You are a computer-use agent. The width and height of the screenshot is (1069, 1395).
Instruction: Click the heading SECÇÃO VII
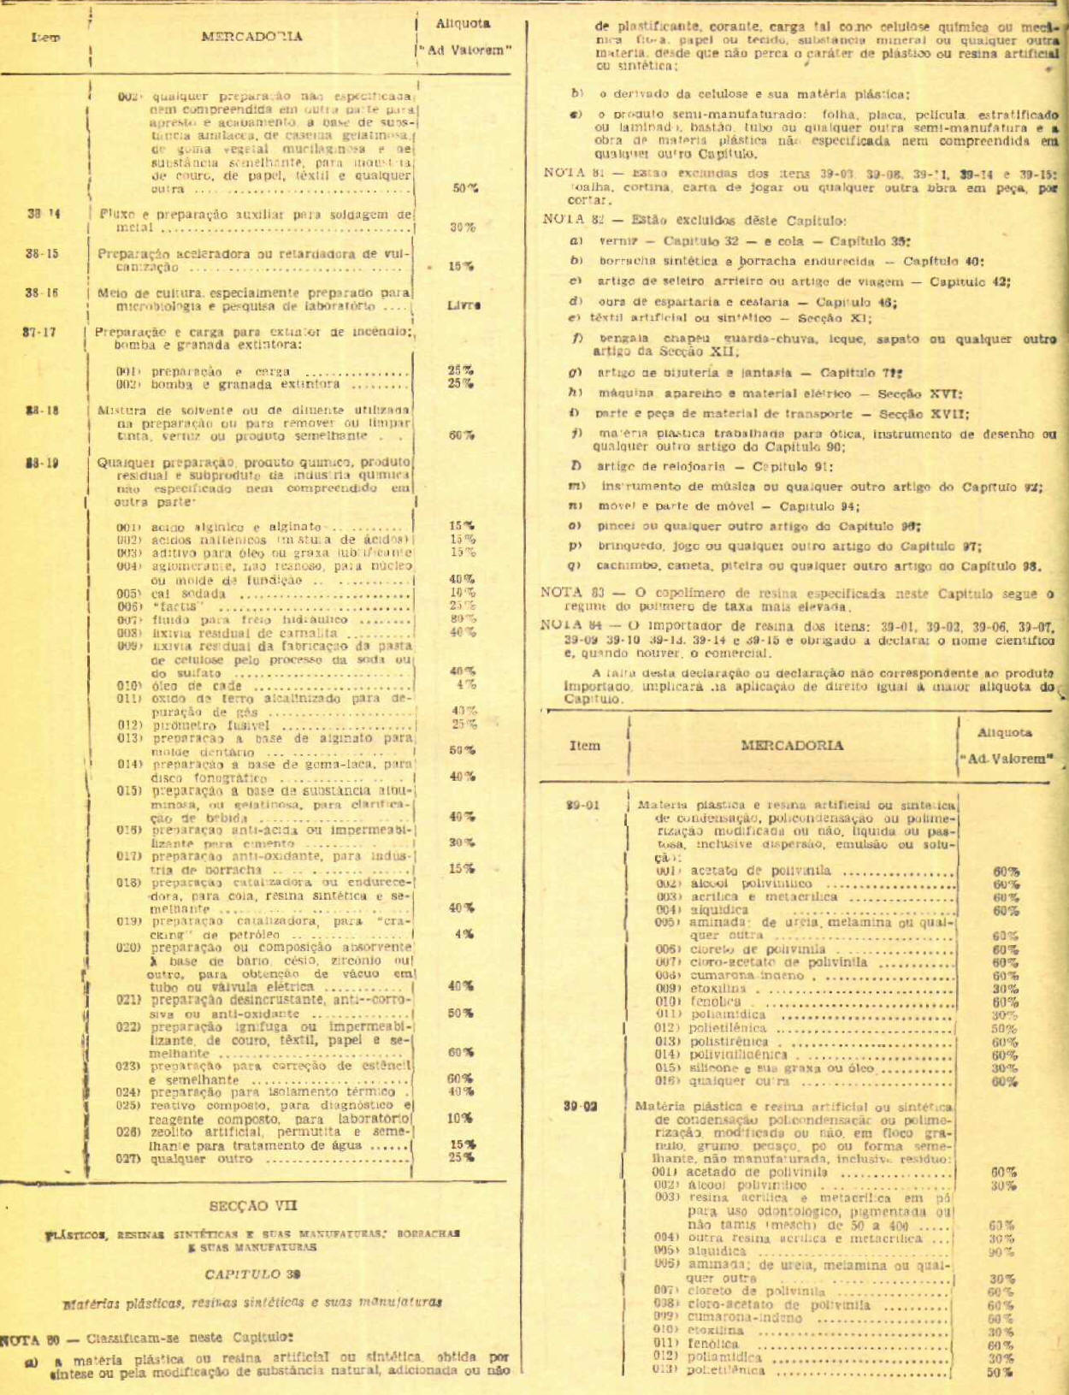click(x=253, y=1205)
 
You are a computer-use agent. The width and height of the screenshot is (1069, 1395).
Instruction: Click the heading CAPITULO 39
click(x=252, y=1274)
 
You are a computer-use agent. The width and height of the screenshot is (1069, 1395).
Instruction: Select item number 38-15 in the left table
click(x=42, y=253)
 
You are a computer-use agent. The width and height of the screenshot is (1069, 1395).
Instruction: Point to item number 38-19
click(x=42, y=464)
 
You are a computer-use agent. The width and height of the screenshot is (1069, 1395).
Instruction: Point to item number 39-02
click(x=581, y=1106)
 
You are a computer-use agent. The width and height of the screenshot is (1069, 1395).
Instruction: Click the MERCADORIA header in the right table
click(x=792, y=745)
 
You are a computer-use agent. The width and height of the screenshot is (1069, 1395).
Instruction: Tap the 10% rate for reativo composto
click(x=460, y=1117)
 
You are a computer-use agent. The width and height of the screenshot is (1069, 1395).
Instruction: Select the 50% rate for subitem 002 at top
click(x=464, y=188)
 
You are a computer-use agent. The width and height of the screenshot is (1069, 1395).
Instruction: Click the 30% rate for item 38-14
click(x=463, y=228)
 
